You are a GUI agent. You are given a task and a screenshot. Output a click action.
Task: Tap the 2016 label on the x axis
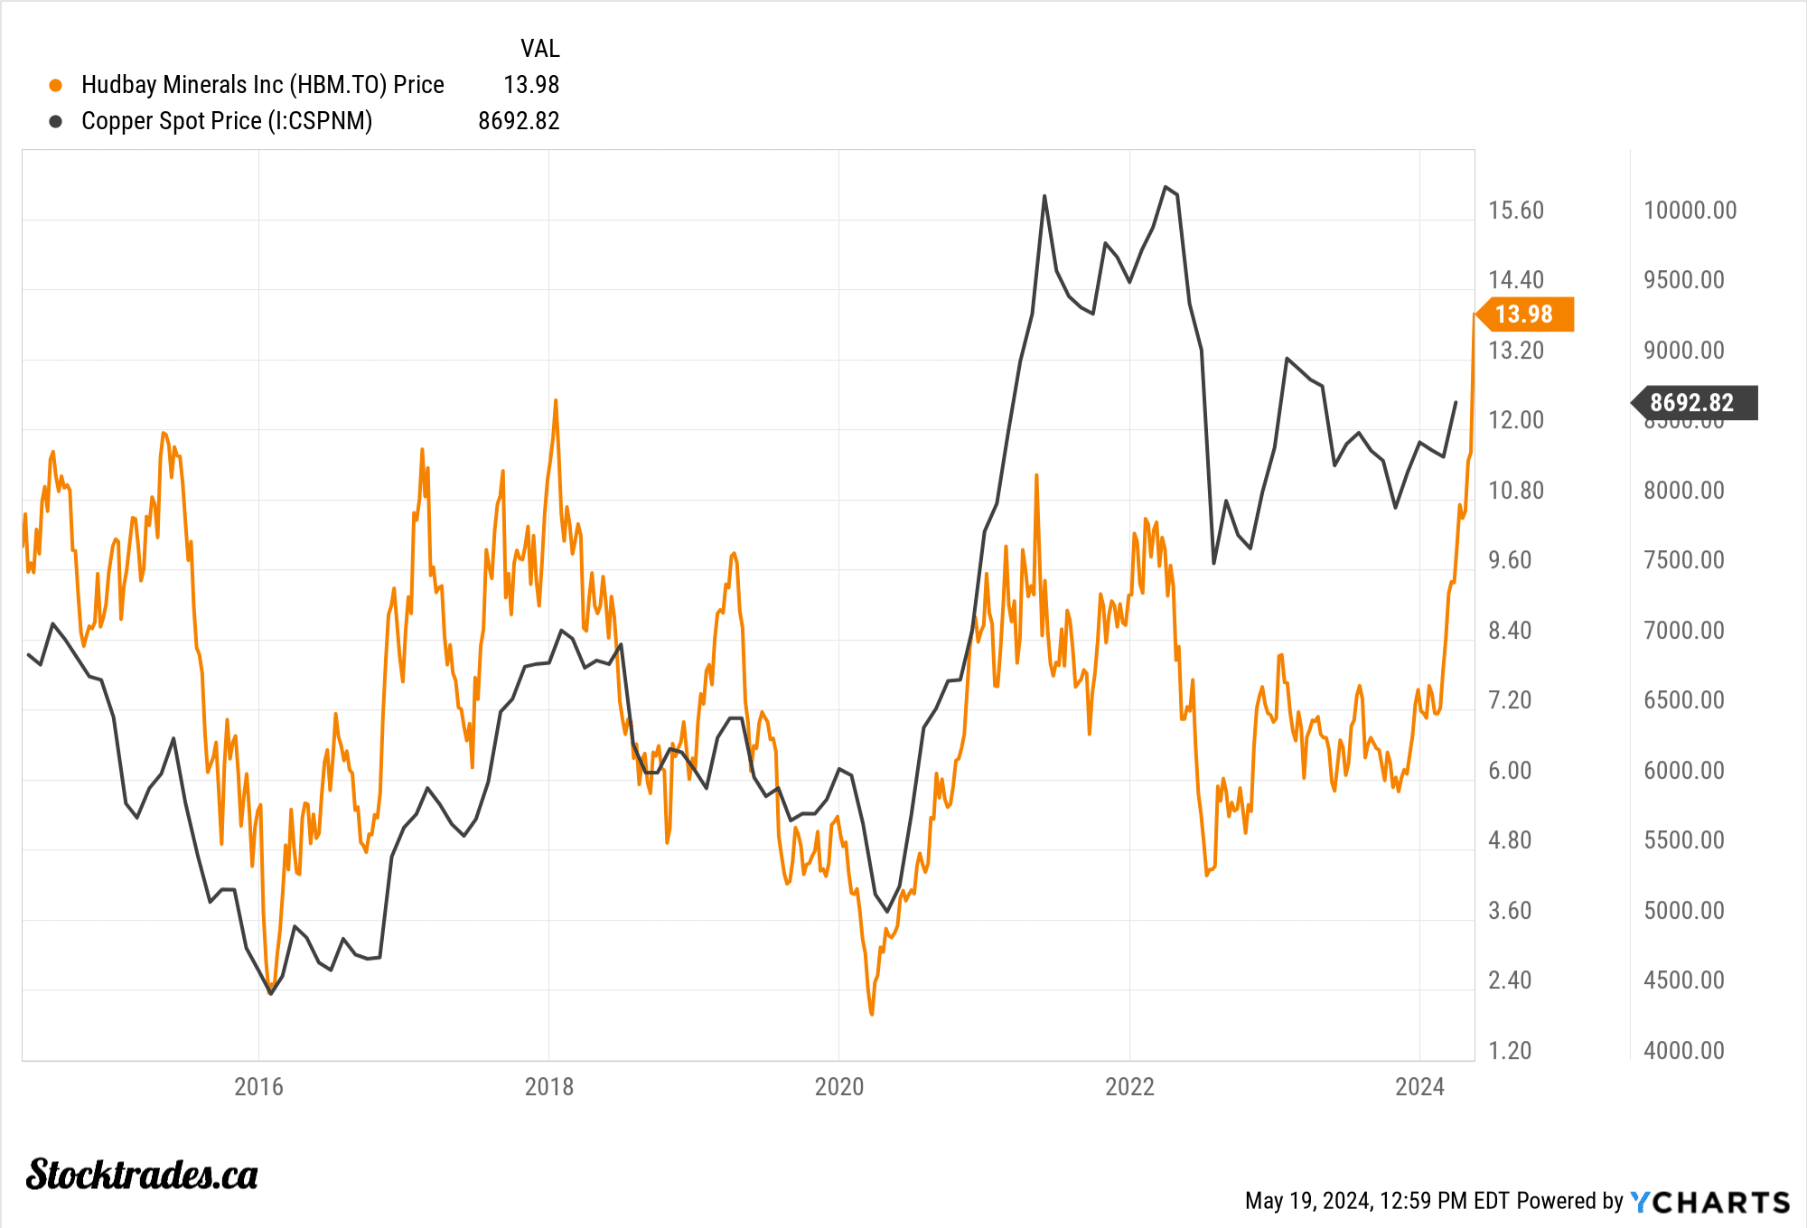tap(258, 1086)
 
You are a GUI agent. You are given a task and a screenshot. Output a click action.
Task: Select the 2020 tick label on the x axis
tap(839, 1086)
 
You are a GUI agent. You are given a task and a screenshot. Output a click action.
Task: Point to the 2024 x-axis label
tap(1419, 1086)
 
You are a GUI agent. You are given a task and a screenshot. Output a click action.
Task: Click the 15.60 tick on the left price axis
tap(1516, 211)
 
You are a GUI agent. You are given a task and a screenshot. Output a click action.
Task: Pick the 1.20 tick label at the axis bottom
tap(1510, 1050)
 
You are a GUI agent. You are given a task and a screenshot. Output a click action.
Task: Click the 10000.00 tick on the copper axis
tap(1690, 211)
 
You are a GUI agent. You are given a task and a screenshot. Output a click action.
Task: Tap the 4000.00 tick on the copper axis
tap(1684, 1050)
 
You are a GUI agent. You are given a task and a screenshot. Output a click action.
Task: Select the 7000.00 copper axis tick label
tap(1684, 630)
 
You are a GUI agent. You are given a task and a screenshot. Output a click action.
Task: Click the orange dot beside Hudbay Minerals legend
tap(56, 85)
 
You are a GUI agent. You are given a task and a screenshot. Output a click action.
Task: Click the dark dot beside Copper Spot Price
tap(56, 121)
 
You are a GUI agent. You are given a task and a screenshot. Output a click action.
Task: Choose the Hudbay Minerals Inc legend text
tap(262, 85)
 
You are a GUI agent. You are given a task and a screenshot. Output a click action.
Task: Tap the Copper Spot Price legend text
tap(227, 121)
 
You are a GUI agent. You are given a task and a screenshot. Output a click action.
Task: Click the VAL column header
tap(539, 49)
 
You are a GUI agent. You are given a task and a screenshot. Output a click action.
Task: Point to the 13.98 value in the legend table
tap(531, 85)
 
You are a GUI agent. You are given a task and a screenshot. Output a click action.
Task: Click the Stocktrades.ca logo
tap(142, 1175)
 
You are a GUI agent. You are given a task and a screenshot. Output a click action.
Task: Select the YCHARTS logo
tap(1710, 1202)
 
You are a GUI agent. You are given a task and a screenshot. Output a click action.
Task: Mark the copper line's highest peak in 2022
tap(1166, 187)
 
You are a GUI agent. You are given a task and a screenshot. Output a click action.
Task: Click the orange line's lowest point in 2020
tap(871, 1014)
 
